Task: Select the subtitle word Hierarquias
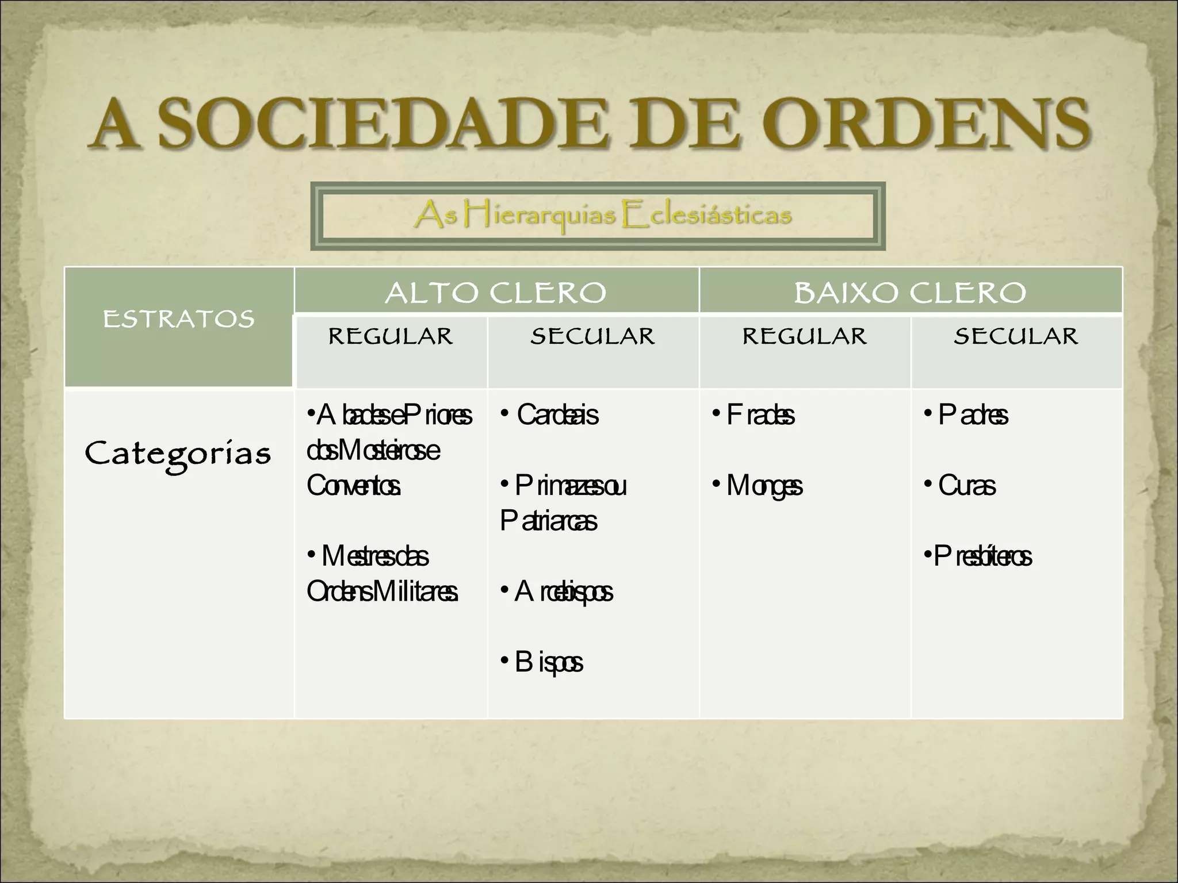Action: [x=540, y=216]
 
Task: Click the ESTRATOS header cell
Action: [x=178, y=319]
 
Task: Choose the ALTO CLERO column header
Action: [x=496, y=293]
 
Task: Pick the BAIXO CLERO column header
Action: [x=910, y=293]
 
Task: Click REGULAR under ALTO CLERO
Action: [x=391, y=337]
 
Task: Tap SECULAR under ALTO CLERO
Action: [x=592, y=337]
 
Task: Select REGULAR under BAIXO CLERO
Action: [x=804, y=337]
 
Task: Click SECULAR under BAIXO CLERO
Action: [x=1016, y=337]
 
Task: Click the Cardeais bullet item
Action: [x=557, y=415]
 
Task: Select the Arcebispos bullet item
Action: [x=563, y=592]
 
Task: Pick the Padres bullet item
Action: [x=973, y=415]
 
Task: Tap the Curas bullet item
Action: [x=966, y=486]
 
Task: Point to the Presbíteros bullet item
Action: [x=982, y=556]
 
